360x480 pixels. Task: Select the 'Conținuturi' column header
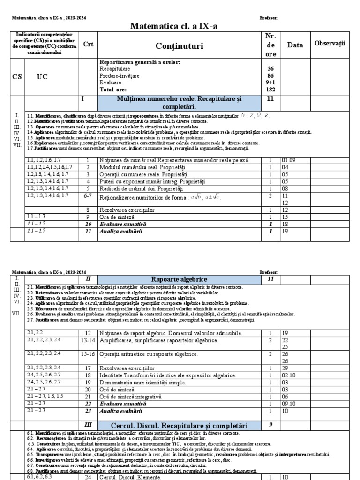[x=180, y=45]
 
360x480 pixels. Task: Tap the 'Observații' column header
[x=330, y=43]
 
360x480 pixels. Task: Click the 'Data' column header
[x=295, y=45]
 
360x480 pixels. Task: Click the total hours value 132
[x=270, y=89]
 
